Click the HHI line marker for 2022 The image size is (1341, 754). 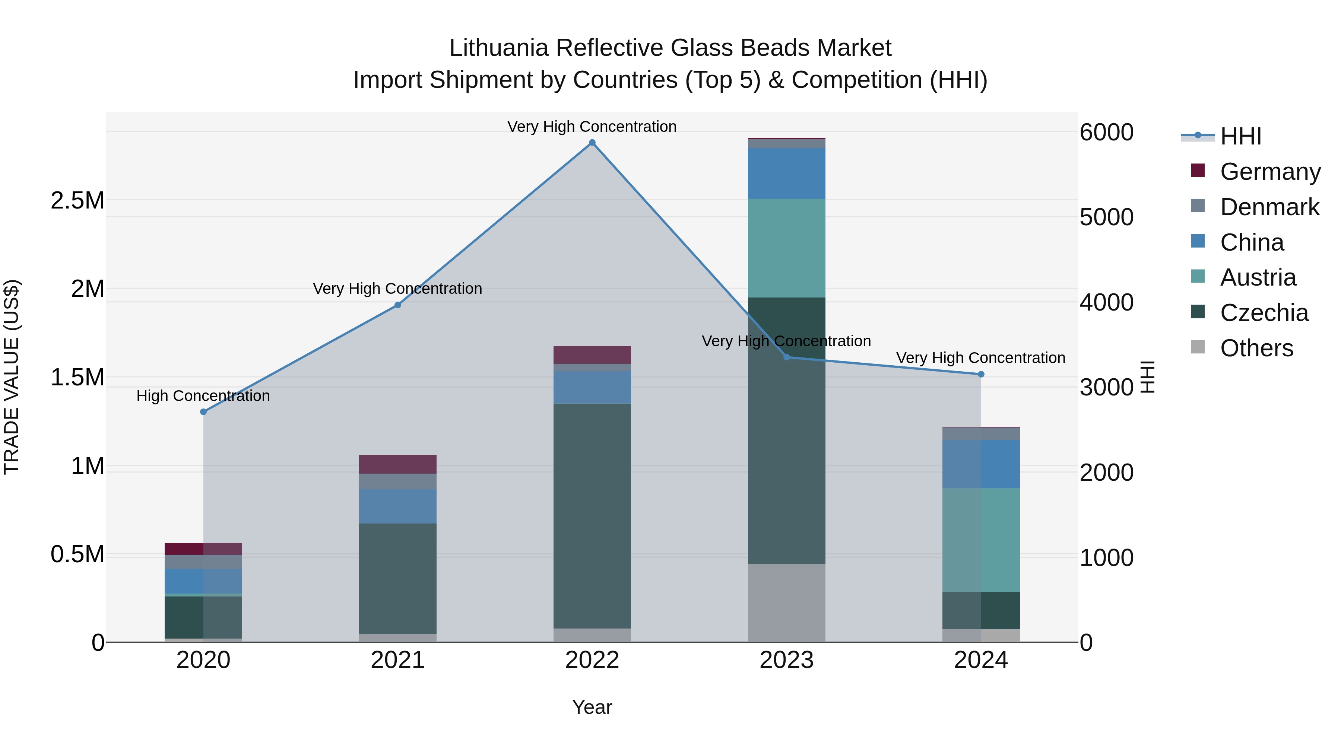click(x=592, y=143)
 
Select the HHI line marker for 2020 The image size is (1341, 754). click(x=203, y=411)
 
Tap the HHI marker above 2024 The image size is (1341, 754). click(x=981, y=374)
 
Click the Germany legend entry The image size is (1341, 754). click(x=1270, y=172)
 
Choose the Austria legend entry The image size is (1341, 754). click(x=1257, y=277)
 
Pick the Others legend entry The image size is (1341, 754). click(x=1256, y=348)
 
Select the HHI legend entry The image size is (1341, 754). click(x=1240, y=136)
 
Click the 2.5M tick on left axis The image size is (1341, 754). click(x=77, y=200)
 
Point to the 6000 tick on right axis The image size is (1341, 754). click(x=1106, y=132)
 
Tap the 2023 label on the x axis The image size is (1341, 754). click(x=786, y=660)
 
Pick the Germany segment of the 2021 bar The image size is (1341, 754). click(x=398, y=464)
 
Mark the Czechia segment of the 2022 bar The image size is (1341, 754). click(x=592, y=515)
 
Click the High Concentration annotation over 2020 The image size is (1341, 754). click(x=203, y=396)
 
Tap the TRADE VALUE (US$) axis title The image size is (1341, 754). click(x=12, y=377)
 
